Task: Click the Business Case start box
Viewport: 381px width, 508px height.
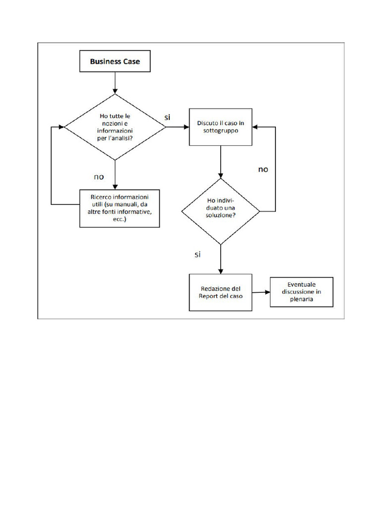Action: point(115,62)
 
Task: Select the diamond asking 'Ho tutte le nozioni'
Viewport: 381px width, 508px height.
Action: point(115,127)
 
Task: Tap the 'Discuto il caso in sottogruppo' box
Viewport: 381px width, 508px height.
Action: point(220,127)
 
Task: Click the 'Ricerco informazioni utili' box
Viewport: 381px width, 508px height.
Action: point(120,208)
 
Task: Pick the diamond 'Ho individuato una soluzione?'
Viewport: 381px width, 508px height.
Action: point(221,211)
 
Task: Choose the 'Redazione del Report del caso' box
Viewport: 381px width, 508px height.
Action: point(220,292)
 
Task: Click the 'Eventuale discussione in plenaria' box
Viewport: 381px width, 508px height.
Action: point(301,292)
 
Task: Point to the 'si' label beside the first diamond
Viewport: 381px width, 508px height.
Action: point(168,117)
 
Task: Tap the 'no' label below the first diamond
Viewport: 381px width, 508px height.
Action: point(99,176)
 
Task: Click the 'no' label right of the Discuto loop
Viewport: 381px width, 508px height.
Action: point(263,169)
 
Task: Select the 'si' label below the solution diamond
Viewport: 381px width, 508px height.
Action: point(197,254)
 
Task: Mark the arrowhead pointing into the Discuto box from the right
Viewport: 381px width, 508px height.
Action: point(255,127)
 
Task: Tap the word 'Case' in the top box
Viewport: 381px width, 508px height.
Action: point(130,62)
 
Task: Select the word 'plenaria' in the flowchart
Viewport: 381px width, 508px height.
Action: point(301,300)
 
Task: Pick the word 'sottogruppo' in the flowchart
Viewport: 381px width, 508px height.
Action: point(220,131)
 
